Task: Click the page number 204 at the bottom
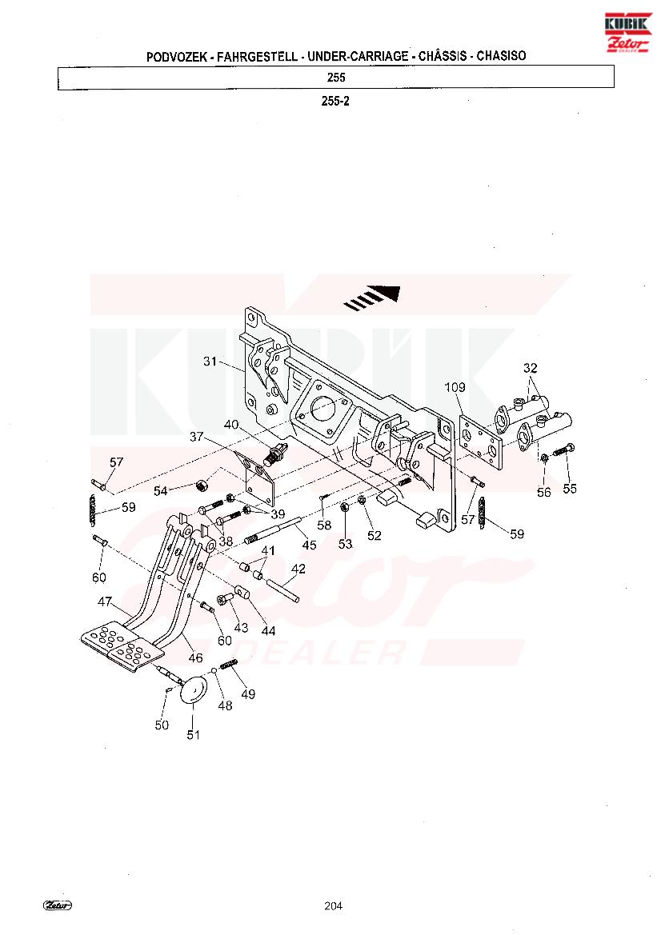click(333, 905)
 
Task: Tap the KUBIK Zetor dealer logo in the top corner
click(627, 33)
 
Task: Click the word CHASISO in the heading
click(501, 56)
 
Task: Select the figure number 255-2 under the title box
click(335, 101)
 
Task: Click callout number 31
click(210, 362)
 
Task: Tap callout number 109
click(455, 387)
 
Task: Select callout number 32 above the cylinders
click(530, 368)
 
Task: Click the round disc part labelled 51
click(193, 691)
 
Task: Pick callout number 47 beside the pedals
click(105, 601)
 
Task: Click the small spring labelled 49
click(230, 664)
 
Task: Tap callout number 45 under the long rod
click(309, 545)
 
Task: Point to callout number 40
click(231, 425)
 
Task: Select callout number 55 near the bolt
click(570, 489)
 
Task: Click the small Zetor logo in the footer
click(58, 905)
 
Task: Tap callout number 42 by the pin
click(298, 569)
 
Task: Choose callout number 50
click(162, 725)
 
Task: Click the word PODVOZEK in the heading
click(177, 57)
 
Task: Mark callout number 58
click(324, 525)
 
